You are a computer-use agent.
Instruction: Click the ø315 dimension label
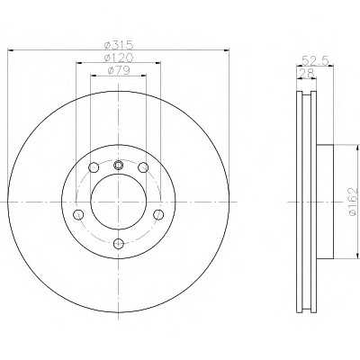(118, 45)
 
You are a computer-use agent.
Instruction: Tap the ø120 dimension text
(118, 57)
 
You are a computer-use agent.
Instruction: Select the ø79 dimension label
(118, 70)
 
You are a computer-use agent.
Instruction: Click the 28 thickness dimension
(307, 73)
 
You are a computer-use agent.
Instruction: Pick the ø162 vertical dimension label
(353, 202)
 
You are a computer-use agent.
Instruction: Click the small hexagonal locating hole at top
(119, 165)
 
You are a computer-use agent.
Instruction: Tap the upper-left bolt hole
(94, 167)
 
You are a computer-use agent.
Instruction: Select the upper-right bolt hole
(143, 167)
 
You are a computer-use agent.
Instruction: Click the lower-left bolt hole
(78, 214)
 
